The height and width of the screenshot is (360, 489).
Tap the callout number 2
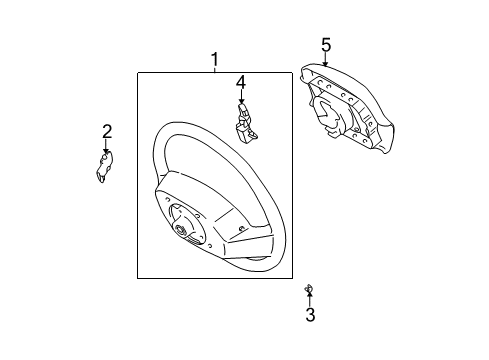(x=107, y=130)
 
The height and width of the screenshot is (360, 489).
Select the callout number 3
(x=310, y=315)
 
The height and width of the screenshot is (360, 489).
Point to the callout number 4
(x=240, y=82)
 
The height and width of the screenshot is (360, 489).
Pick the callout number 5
(x=326, y=44)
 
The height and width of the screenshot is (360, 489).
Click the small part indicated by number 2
(x=104, y=168)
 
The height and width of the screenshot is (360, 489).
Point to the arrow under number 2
(x=107, y=146)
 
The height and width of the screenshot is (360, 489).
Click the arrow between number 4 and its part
(x=241, y=99)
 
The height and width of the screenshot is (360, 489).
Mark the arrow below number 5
(x=326, y=59)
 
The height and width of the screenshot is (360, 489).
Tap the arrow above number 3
(x=310, y=299)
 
